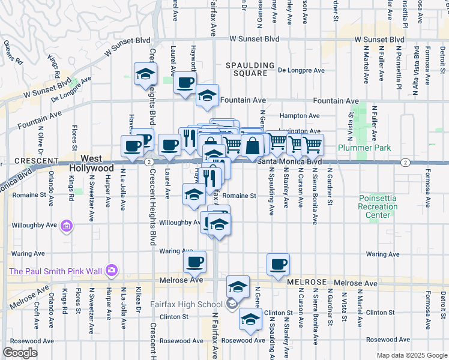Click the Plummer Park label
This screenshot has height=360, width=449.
pyautogui.click(x=364, y=148)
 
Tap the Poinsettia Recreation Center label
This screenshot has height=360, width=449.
pyautogui.click(x=378, y=206)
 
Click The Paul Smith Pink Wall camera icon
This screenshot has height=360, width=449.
pyautogui.click(x=111, y=271)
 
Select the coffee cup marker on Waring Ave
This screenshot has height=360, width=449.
pyautogui.click(x=194, y=262)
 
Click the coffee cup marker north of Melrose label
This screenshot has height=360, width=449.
pyautogui.click(x=278, y=264)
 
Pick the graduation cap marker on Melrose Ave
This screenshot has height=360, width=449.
pyautogui.click(x=238, y=286)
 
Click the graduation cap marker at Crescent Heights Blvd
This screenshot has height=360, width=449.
pyautogui.click(x=145, y=74)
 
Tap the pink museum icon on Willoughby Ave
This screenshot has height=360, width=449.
pyautogui.click(x=66, y=226)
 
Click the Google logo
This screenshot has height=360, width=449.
pyautogui.click(x=20, y=353)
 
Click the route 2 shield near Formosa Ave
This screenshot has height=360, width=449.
pyautogui.click(x=406, y=162)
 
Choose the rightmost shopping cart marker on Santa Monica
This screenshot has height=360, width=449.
pyautogui.click(x=312, y=144)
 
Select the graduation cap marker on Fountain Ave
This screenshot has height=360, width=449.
pyautogui.click(x=207, y=95)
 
